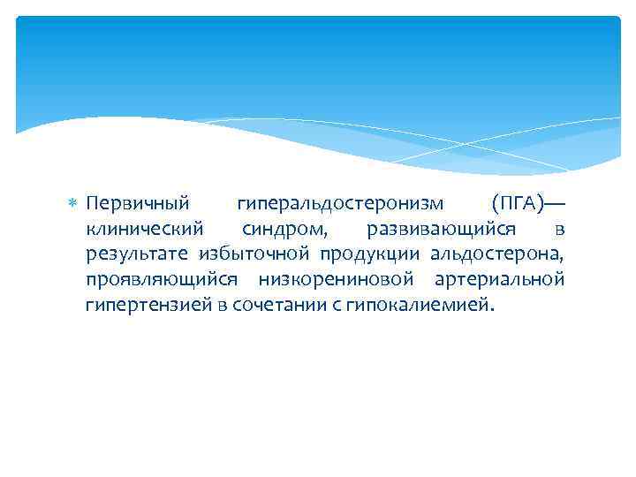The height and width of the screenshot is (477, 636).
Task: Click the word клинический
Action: tap(145, 230)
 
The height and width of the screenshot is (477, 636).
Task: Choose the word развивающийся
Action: tap(436, 230)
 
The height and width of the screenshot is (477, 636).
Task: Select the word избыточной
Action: tap(253, 255)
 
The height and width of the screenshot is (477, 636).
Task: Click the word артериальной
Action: tap(500, 281)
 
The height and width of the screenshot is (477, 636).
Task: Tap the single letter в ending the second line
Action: tap(559, 231)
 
